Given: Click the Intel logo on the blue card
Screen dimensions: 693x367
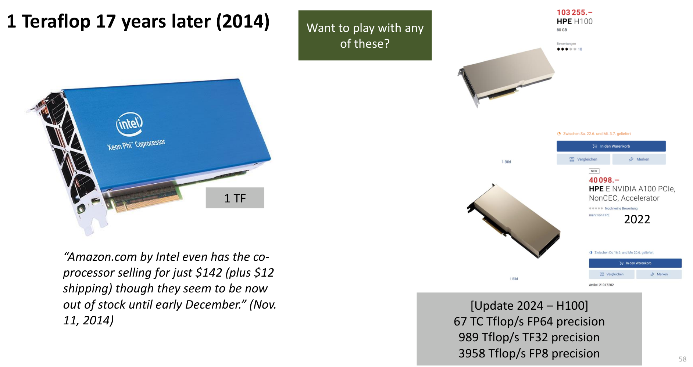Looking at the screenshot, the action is tap(129, 123).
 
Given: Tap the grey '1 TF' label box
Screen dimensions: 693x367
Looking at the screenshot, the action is tap(235, 198).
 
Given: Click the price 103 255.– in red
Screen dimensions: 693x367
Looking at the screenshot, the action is tap(575, 12).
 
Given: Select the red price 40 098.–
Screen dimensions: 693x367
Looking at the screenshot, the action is tap(604, 180).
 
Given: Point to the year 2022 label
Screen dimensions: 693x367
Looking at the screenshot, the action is tap(637, 219).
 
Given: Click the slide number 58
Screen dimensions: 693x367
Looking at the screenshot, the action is tap(683, 359).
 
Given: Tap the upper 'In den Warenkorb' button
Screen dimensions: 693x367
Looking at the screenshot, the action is tap(611, 146).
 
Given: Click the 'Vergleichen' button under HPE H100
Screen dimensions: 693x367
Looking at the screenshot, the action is tap(583, 159).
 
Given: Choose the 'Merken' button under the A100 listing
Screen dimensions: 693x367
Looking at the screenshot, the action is tap(659, 274).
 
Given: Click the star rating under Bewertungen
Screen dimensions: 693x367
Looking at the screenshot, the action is tap(567, 49).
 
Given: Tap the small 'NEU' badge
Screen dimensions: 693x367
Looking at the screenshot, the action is tap(594, 171).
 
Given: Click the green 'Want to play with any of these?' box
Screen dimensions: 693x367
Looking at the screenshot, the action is tap(365, 35).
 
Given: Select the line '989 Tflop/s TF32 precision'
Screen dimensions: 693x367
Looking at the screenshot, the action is tap(529, 337).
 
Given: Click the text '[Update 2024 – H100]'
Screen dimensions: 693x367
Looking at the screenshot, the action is tap(529, 306).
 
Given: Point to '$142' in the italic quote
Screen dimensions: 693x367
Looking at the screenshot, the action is tap(209, 273).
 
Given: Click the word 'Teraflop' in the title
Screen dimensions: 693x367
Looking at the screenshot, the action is tap(56, 21).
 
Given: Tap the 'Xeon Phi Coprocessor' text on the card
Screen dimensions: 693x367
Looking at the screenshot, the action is tap(136, 145).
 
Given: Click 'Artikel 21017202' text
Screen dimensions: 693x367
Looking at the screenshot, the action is tap(601, 285).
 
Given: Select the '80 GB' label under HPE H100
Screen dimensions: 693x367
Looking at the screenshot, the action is tap(562, 30).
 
